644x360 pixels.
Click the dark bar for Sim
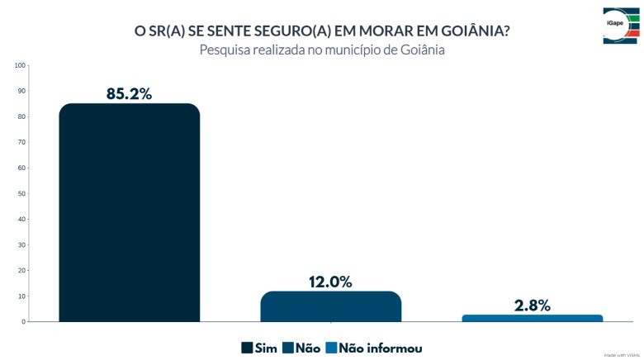[x=129, y=212]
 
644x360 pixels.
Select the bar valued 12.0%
[x=330, y=306]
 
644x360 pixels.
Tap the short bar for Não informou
[x=532, y=318]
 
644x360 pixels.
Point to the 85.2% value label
[x=130, y=93]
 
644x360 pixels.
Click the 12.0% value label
[x=330, y=282]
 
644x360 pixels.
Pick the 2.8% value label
[x=532, y=306]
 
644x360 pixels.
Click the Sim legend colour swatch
[x=247, y=348]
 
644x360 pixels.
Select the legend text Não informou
[x=381, y=348]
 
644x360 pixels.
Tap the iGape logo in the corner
[x=620, y=26]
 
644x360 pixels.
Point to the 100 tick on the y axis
[x=21, y=65]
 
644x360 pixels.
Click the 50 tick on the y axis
[x=22, y=193]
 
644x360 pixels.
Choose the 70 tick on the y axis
[x=22, y=142]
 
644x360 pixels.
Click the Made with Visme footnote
[x=622, y=355]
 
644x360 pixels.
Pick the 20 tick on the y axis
[x=22, y=270]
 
